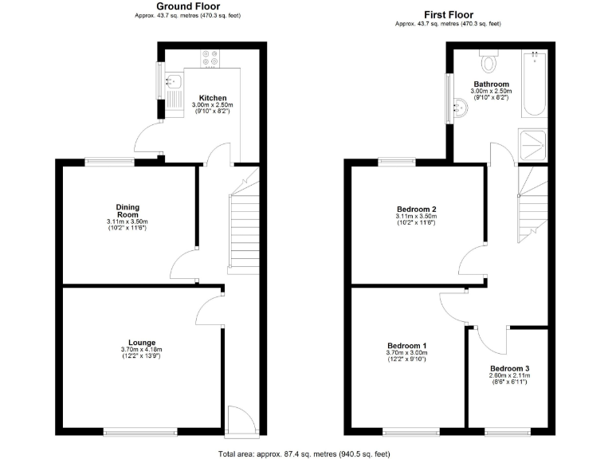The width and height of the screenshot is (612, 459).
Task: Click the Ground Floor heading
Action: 188,6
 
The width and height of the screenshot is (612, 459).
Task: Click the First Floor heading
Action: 448,14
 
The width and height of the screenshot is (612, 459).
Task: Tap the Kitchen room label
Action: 213,98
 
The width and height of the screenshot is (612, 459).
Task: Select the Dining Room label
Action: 127,210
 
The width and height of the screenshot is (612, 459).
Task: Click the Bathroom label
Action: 491,84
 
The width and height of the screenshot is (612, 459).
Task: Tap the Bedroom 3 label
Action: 508,368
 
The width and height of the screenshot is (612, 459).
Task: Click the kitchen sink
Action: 172,80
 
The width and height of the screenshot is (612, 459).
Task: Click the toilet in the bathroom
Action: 488,60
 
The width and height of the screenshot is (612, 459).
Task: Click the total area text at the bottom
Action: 305,453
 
